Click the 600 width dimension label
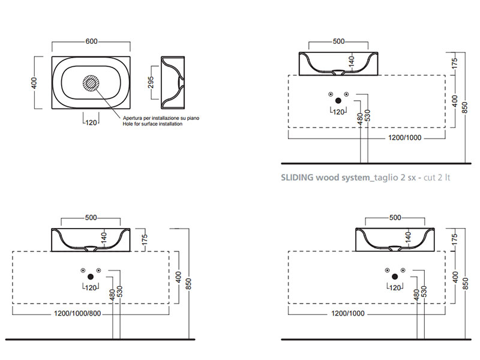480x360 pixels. click(x=91, y=41)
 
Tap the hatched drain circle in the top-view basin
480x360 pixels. click(x=92, y=83)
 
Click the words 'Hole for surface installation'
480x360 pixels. click(x=152, y=124)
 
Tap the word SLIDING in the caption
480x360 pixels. click(x=298, y=178)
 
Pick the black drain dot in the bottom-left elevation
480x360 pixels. click(x=91, y=277)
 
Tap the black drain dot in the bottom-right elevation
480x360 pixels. click(x=394, y=277)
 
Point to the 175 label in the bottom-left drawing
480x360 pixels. click(x=144, y=239)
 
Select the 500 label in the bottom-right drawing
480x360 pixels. click(x=394, y=217)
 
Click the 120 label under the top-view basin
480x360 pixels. click(x=92, y=123)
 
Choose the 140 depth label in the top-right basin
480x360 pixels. click(x=352, y=62)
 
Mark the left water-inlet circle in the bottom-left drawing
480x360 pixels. click(x=83, y=269)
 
